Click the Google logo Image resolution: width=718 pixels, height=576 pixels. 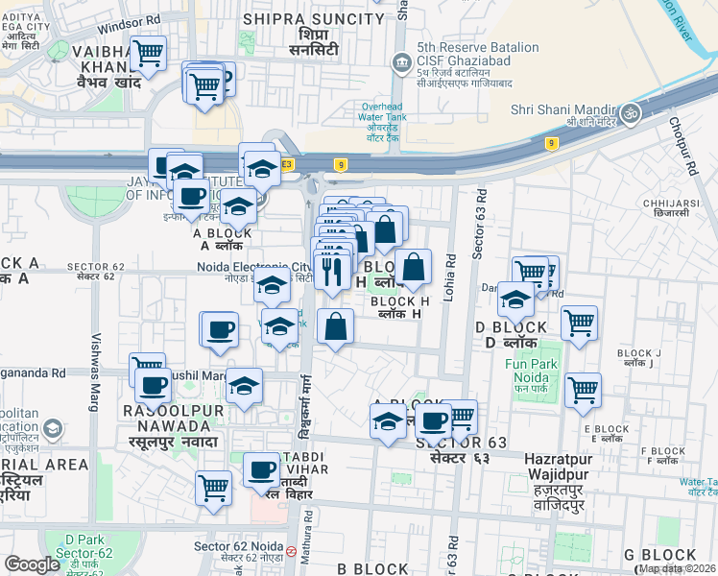point(32,564)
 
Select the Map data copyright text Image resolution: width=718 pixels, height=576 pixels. point(677,568)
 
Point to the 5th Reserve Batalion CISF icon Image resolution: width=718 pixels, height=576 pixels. point(400,63)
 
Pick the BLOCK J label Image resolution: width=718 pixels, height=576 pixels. point(641,357)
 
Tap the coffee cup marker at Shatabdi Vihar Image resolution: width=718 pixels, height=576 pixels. point(261,470)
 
